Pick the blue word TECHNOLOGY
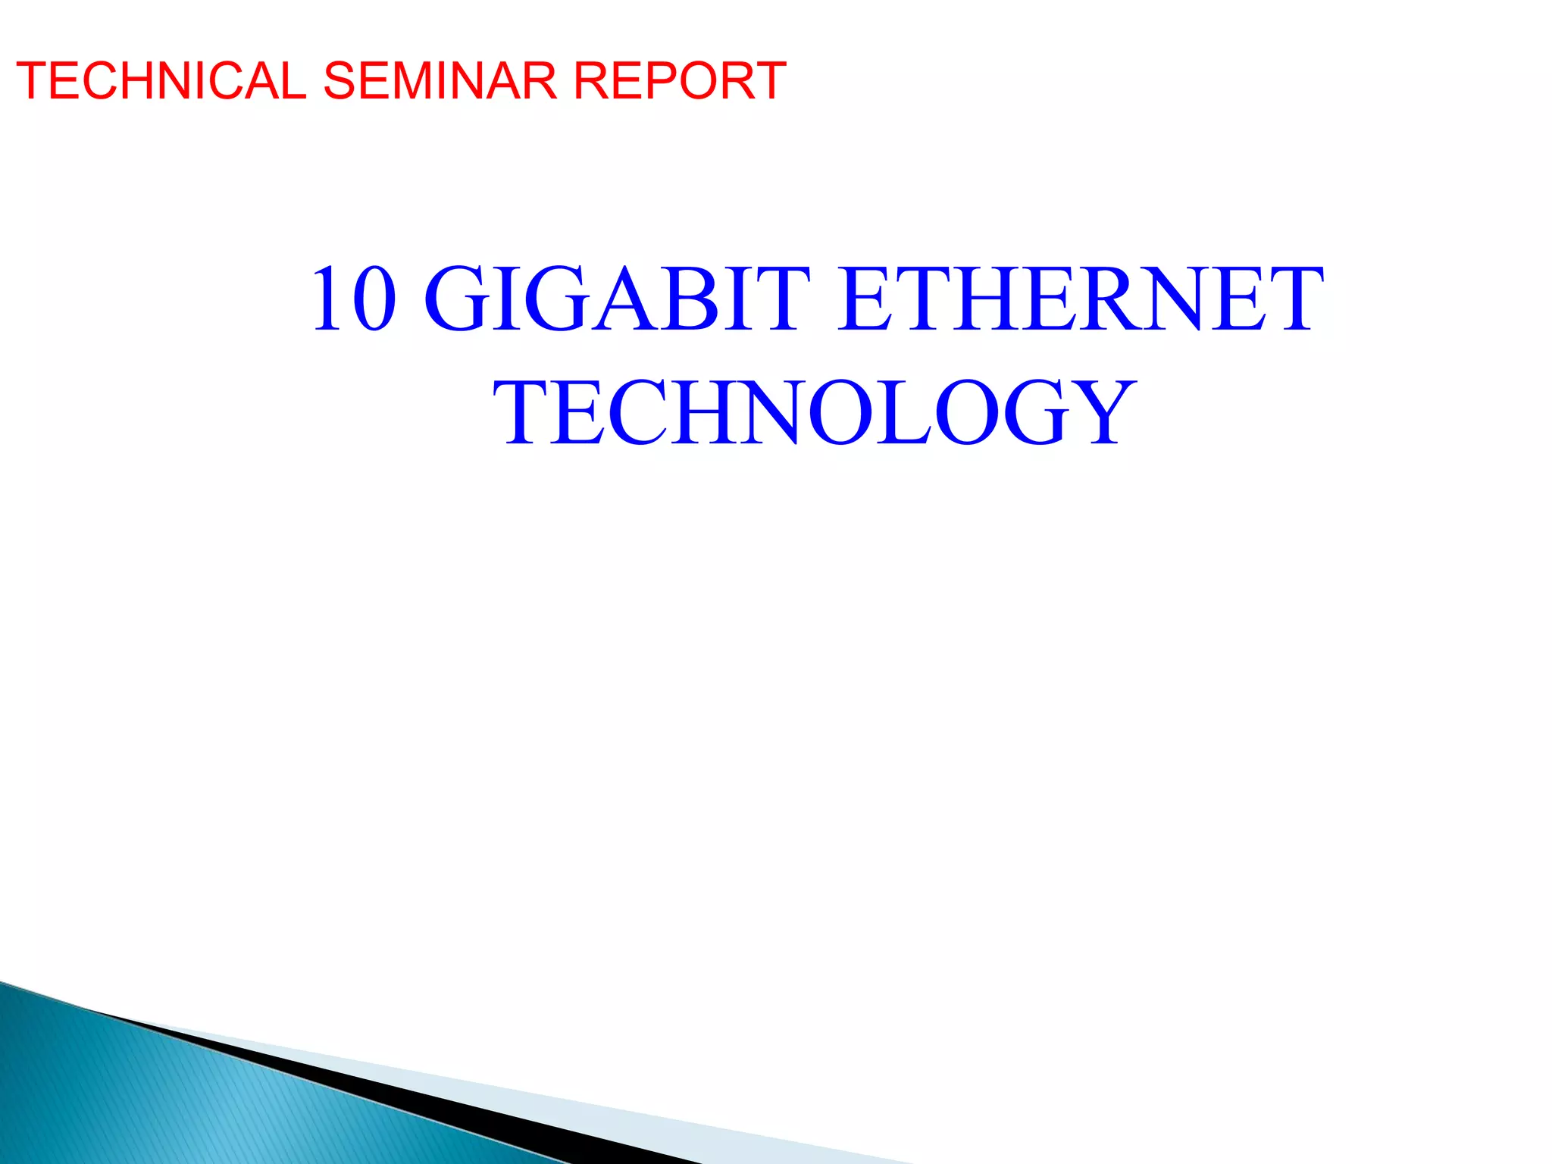click(x=815, y=413)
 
